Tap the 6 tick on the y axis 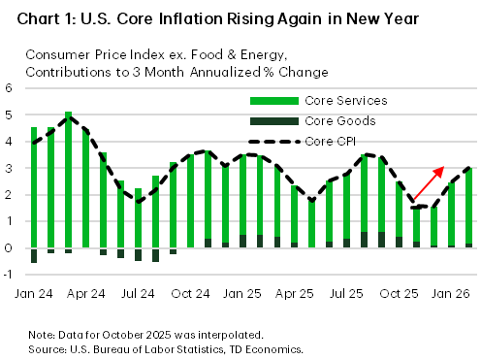tap(9, 87)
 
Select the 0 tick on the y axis tap(9, 248)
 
